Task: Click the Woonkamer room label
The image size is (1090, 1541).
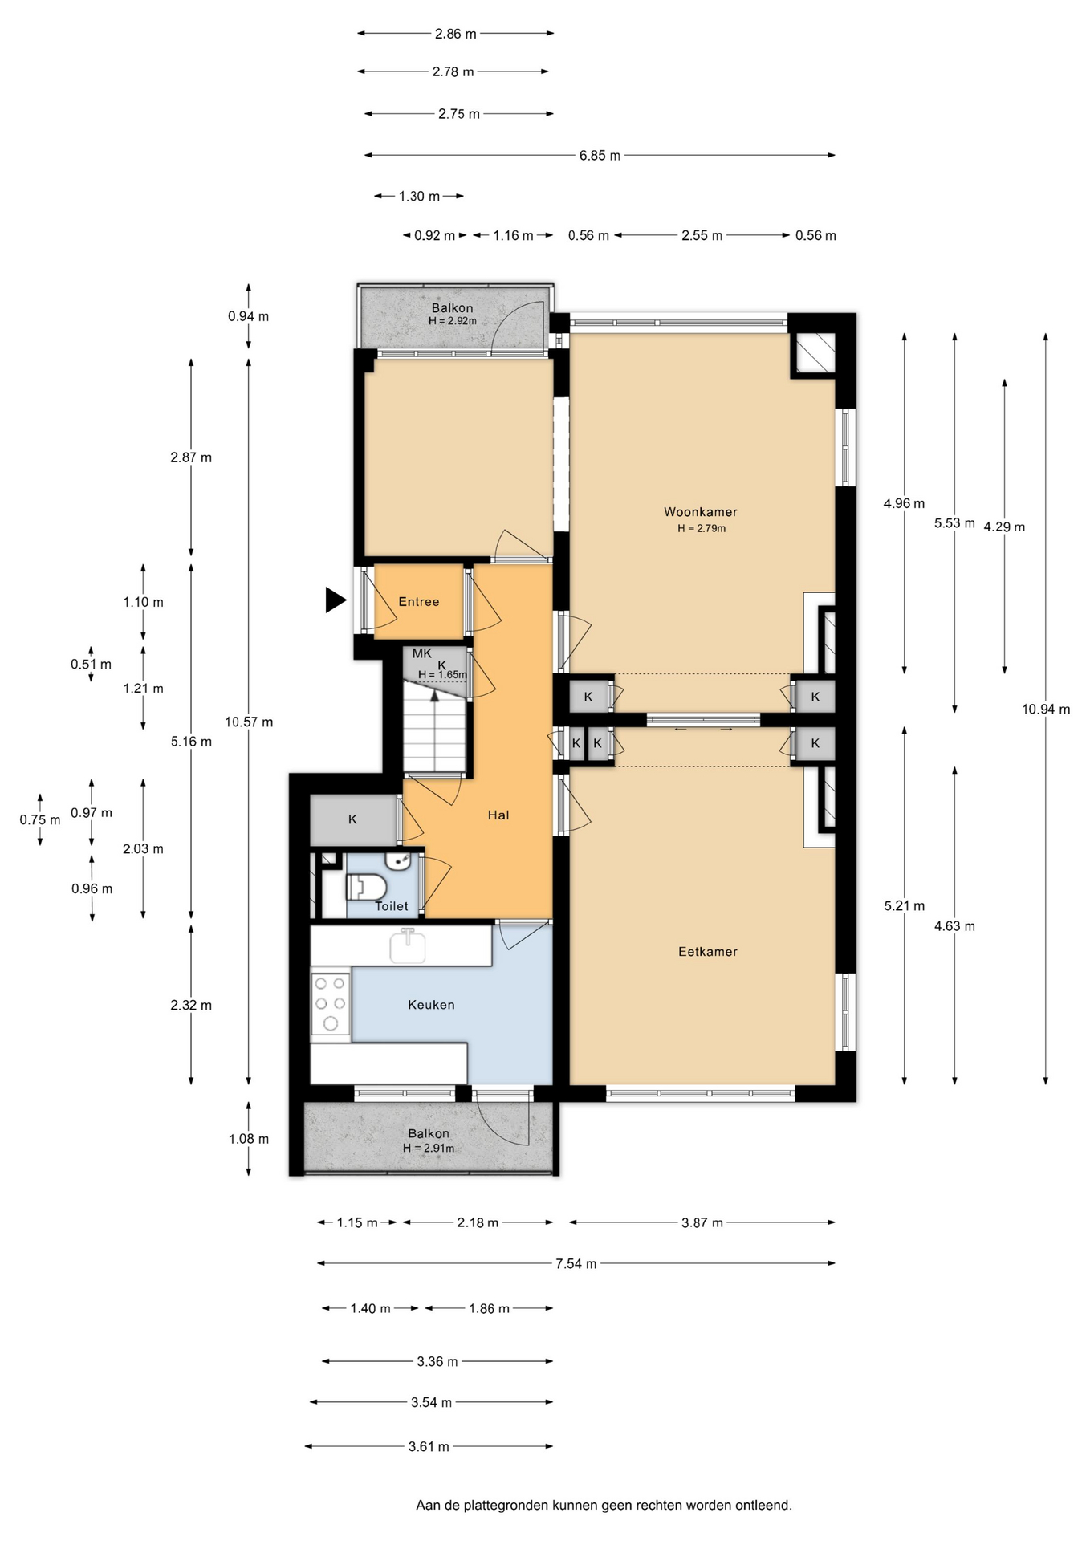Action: point(700,512)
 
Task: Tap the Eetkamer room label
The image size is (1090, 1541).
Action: point(707,952)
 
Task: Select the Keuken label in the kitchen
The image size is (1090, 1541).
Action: point(431,1005)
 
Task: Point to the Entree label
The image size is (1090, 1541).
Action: point(419,602)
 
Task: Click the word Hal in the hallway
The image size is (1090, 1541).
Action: point(498,815)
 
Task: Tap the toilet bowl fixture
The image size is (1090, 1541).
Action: point(367,887)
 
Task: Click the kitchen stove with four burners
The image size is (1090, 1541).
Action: point(331,1003)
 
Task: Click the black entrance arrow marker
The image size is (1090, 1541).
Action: point(336,600)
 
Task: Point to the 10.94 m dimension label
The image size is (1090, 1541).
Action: point(1046,710)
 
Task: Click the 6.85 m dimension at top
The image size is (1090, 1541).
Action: point(600,156)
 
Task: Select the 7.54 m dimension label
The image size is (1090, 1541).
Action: point(576,1264)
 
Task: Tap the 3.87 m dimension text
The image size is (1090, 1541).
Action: point(702,1223)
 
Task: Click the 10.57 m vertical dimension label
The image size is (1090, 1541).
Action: point(249,722)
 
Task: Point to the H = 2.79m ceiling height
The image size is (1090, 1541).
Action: point(702,528)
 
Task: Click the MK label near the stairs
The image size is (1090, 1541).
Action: point(422,653)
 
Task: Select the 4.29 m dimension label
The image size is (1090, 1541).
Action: point(1004,527)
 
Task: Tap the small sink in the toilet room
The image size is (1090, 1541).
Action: point(399,860)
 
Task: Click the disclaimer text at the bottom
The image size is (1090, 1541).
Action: point(604,1506)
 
